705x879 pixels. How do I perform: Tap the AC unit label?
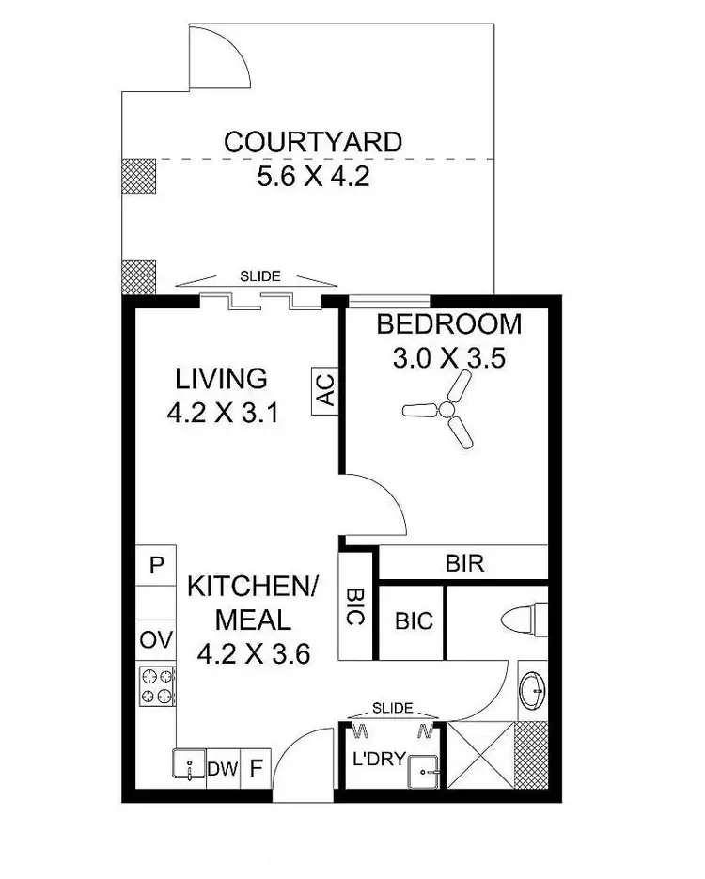325,389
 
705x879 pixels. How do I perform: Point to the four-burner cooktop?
157,684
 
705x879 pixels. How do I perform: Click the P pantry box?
156,566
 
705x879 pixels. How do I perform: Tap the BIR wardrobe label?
463,564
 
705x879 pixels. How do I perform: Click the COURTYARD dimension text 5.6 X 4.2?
312,176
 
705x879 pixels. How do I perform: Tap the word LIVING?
222,379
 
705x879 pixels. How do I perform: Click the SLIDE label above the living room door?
259,276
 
